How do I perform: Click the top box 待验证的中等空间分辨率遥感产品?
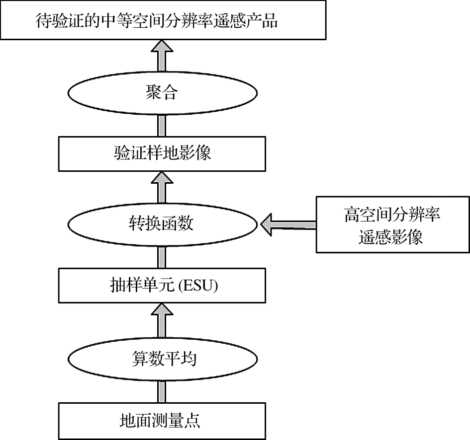tap(163, 20)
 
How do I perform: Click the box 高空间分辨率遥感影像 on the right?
tap(392, 225)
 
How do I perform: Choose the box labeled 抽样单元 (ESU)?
tap(163, 286)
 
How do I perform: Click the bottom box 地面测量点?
tap(163, 421)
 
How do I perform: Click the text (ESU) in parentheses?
tap(200, 286)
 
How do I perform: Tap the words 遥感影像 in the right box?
tap(391, 237)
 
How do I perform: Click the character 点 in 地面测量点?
tap(193, 421)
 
